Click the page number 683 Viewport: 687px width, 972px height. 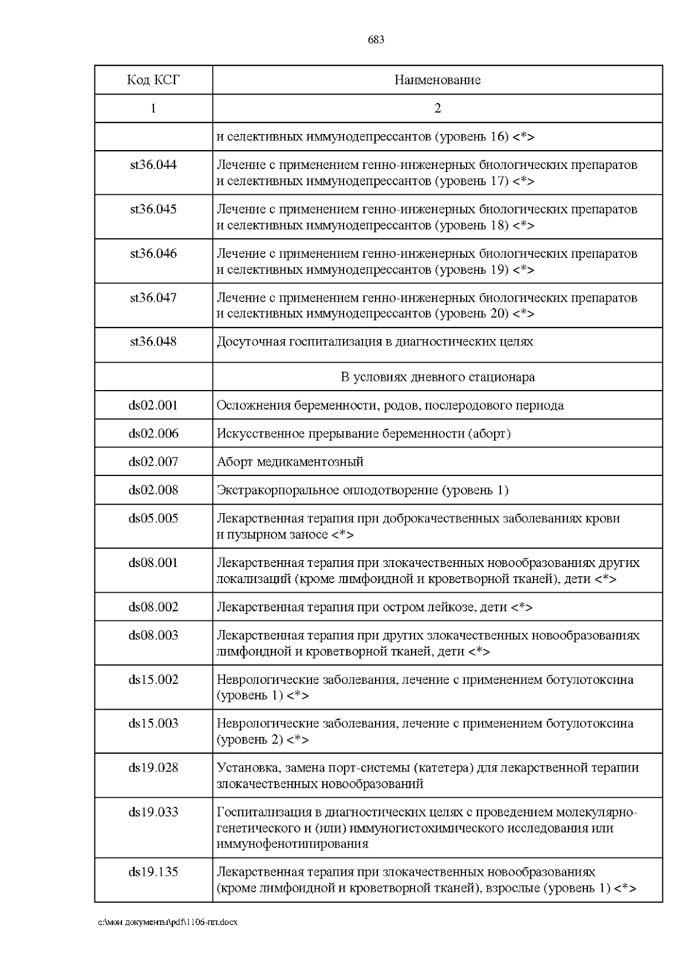[x=376, y=40]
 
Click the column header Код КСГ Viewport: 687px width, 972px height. [x=153, y=80]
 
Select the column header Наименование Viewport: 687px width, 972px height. [x=437, y=80]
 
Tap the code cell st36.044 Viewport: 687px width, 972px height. [x=153, y=165]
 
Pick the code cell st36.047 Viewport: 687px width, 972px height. [x=153, y=298]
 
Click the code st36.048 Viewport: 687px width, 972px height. [x=153, y=342]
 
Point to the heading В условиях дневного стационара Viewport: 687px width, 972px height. [x=437, y=377]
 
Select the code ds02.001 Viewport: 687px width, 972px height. [x=153, y=406]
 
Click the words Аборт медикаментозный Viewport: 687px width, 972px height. [x=290, y=462]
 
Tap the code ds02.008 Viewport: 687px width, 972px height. [x=153, y=490]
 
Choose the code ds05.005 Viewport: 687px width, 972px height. [x=153, y=518]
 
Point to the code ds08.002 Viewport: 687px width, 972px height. [x=153, y=607]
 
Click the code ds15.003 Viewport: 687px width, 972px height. [x=153, y=723]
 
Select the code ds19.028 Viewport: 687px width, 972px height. [x=153, y=768]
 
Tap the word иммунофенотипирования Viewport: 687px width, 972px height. [x=292, y=844]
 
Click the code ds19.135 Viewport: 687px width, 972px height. [x=153, y=872]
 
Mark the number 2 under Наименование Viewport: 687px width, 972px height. [x=437, y=108]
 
